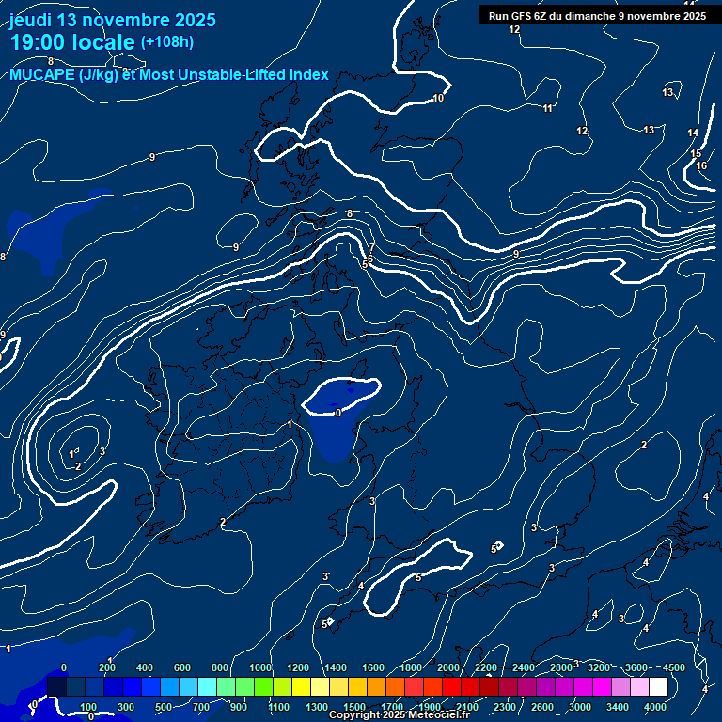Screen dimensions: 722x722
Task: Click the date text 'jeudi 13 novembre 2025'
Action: (113, 20)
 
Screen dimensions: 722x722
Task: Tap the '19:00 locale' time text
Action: (72, 42)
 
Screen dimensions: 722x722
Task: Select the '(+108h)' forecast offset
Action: (167, 42)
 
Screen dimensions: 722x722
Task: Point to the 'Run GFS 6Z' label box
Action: (597, 16)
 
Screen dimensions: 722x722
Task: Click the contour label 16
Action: (701, 166)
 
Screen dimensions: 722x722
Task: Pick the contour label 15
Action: (696, 153)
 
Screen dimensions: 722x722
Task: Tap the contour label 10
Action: (438, 99)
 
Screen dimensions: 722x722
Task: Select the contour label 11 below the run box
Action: (547, 109)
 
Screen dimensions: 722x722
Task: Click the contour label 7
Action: (372, 248)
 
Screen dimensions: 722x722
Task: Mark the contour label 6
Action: (370, 259)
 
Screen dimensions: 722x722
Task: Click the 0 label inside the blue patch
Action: (338, 412)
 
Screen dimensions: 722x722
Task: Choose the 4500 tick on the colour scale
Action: (674, 667)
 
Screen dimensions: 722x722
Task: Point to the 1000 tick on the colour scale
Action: (260, 667)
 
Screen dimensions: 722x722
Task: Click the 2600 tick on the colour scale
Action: (542, 707)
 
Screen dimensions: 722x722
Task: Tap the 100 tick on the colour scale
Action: (89, 707)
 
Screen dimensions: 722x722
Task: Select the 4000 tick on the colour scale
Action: (655, 707)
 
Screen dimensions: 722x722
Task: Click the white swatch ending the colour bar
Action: (684, 687)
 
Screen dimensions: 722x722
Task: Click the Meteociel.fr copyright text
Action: (399, 715)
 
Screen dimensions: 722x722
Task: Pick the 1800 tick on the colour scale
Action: (411, 667)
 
